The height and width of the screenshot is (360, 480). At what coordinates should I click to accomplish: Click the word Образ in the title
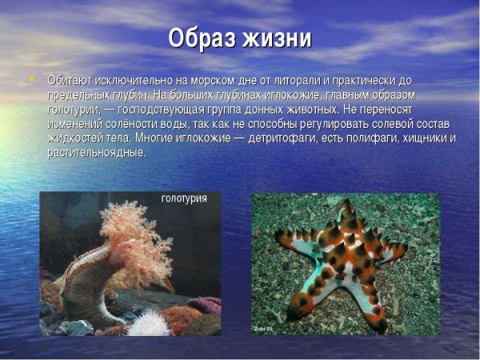205,39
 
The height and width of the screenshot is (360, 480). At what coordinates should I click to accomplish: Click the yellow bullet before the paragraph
32,78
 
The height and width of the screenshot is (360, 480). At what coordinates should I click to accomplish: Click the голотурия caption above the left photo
184,198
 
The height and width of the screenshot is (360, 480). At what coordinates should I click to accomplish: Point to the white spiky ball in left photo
148,322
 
